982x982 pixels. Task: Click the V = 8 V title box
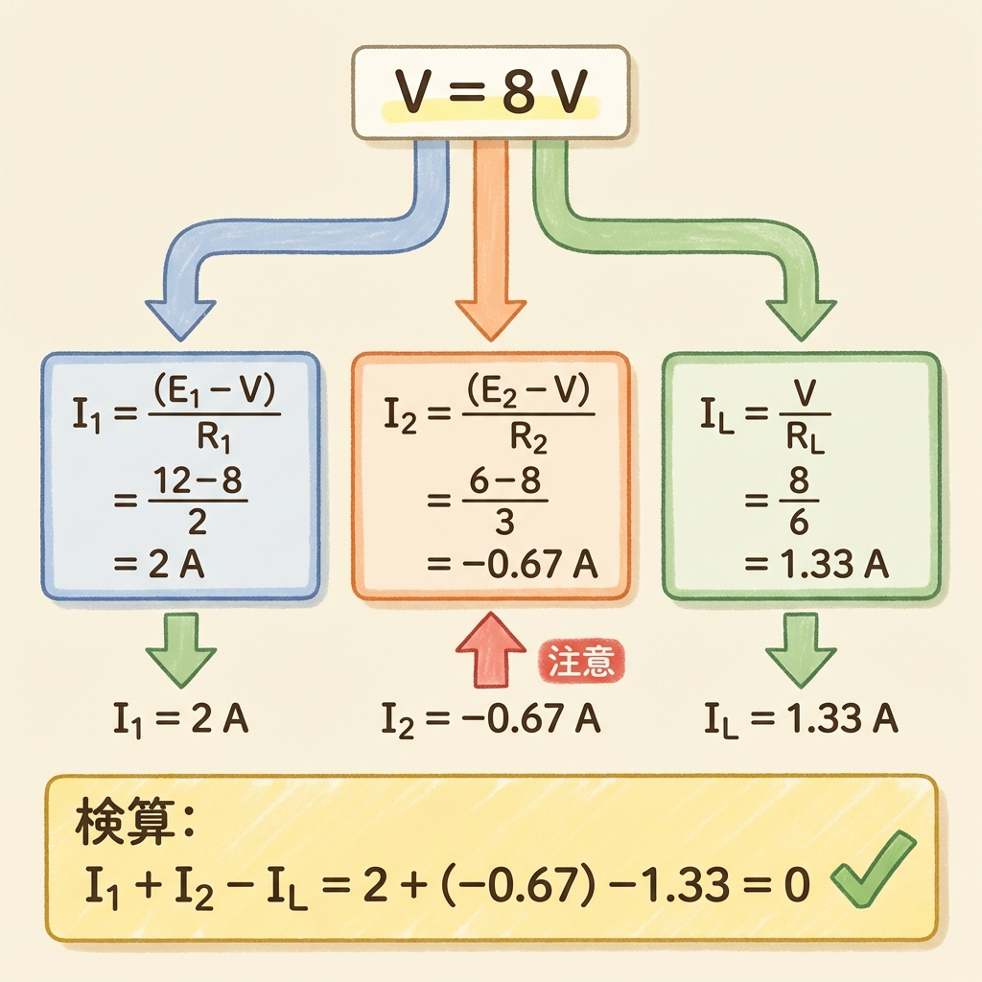(x=490, y=93)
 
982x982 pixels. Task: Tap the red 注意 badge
(x=580, y=662)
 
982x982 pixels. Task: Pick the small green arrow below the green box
(x=800, y=651)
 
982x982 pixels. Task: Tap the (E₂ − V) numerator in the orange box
(x=526, y=392)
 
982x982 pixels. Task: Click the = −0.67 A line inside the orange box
(x=512, y=565)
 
